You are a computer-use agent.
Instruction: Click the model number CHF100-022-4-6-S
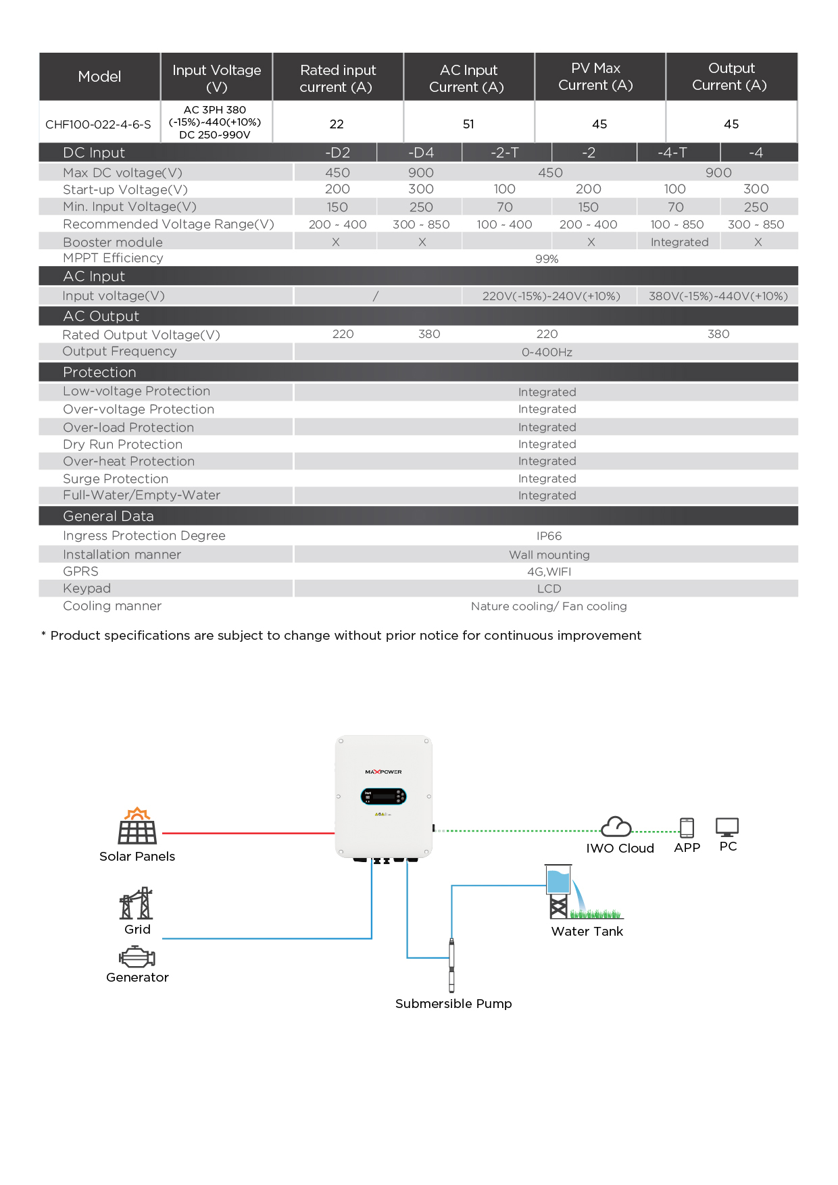pyautogui.click(x=99, y=124)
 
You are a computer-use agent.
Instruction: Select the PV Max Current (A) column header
pyautogui.click(x=595, y=77)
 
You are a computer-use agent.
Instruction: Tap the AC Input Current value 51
pyautogui.click(x=468, y=124)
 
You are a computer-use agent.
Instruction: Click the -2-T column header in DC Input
pyautogui.click(x=505, y=153)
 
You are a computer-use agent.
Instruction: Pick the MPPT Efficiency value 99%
pyautogui.click(x=547, y=259)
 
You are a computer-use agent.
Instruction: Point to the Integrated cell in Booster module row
pyautogui.click(x=679, y=243)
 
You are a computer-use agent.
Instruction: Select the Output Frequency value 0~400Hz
pyautogui.click(x=547, y=352)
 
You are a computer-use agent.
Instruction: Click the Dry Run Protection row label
pyautogui.click(x=122, y=445)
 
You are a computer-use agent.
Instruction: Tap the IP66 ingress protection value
pyautogui.click(x=549, y=536)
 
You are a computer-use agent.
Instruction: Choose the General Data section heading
pyautogui.click(x=108, y=516)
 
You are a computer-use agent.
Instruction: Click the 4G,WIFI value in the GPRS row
pyautogui.click(x=549, y=572)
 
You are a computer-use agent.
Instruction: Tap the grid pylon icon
pyautogui.click(x=137, y=904)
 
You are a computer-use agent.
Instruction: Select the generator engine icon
pyautogui.click(x=137, y=957)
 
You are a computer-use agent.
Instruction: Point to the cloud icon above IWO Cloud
pyautogui.click(x=616, y=826)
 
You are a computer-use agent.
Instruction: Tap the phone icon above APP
pyautogui.click(x=687, y=827)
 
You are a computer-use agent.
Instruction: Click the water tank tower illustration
pyautogui.click(x=558, y=892)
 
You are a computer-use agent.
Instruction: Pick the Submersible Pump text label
pyautogui.click(x=453, y=1004)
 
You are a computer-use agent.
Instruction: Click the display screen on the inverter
pyautogui.click(x=383, y=797)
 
